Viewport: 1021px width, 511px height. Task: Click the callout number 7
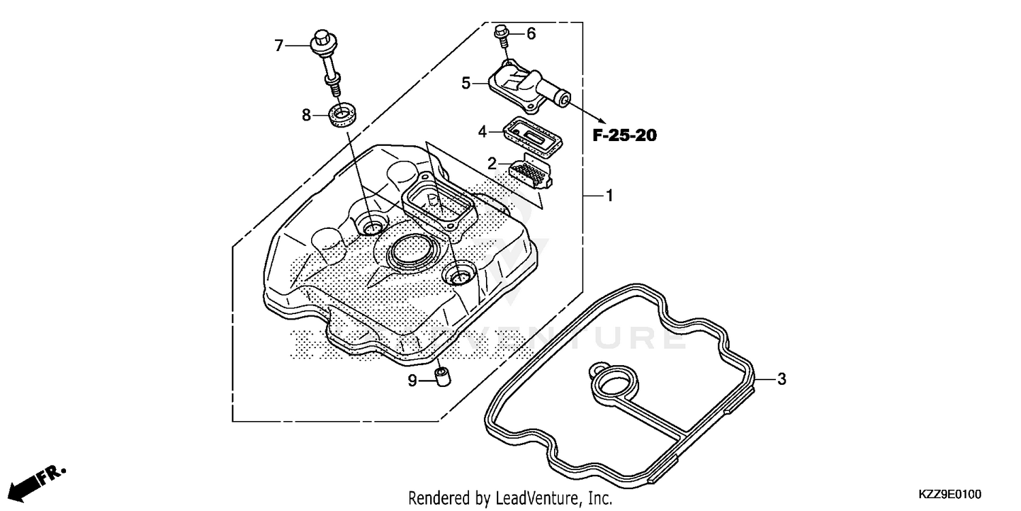(x=278, y=46)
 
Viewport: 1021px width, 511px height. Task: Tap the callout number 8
(x=306, y=115)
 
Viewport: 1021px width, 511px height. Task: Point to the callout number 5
(x=466, y=83)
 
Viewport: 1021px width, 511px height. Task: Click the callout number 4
(x=482, y=131)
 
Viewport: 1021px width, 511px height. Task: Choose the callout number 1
(x=609, y=196)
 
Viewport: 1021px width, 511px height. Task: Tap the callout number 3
(x=781, y=379)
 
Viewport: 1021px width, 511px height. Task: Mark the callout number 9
(x=412, y=381)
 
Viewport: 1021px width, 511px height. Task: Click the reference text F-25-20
(x=624, y=136)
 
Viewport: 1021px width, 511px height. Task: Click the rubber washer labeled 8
(x=342, y=115)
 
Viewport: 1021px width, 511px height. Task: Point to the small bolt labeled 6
(x=502, y=33)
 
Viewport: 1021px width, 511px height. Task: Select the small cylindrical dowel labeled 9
(x=442, y=376)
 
